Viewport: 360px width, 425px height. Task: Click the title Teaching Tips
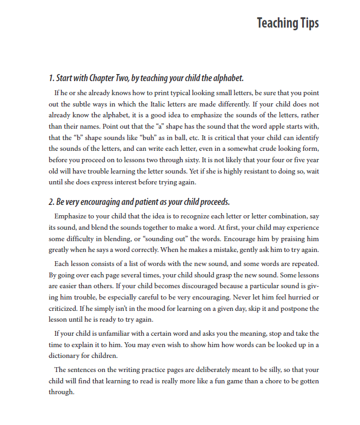pos(288,23)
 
